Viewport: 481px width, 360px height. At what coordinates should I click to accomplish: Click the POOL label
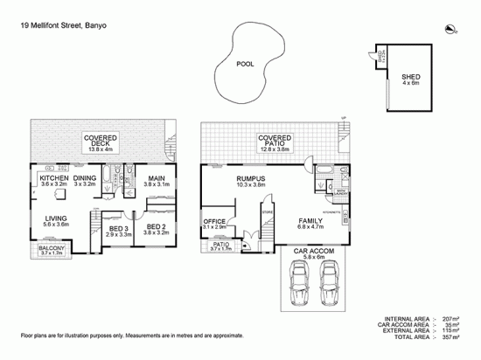(x=247, y=63)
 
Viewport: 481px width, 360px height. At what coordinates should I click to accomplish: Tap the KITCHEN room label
(x=53, y=179)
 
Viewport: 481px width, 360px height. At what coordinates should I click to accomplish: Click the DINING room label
(x=84, y=179)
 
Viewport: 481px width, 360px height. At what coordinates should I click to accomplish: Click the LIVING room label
(x=58, y=218)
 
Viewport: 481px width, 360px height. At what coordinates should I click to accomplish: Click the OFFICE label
(x=214, y=222)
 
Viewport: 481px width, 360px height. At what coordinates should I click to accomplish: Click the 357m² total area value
(x=448, y=339)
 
